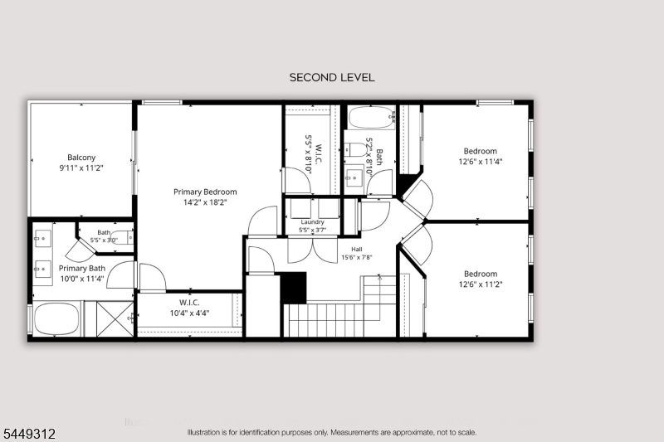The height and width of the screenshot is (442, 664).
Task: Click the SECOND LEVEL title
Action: [x=332, y=77]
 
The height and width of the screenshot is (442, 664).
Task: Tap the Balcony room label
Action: [x=81, y=158]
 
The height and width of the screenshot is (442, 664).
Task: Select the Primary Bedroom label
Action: [x=205, y=192]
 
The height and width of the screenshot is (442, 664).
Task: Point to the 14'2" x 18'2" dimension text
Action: [x=205, y=202]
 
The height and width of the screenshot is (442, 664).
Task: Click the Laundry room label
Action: [x=313, y=222]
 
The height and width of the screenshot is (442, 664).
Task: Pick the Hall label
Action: [x=357, y=249]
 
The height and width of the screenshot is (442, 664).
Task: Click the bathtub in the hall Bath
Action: [x=371, y=117]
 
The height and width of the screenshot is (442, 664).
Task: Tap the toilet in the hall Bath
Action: [x=355, y=149]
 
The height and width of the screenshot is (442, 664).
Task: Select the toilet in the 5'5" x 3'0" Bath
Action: [x=122, y=238]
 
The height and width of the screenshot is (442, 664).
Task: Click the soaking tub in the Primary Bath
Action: [x=56, y=319]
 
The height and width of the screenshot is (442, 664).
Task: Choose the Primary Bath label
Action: [x=81, y=268]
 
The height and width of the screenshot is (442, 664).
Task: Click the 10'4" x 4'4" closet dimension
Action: [x=189, y=313]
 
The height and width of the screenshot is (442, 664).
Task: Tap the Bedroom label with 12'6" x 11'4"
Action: [x=481, y=151]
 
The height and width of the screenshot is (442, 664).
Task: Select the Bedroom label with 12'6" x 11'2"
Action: [x=481, y=274]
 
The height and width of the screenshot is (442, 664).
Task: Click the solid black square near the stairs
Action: [x=294, y=288]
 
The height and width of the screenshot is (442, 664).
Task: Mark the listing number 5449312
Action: [x=29, y=434]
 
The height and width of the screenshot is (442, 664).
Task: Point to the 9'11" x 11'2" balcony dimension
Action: [x=81, y=168]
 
